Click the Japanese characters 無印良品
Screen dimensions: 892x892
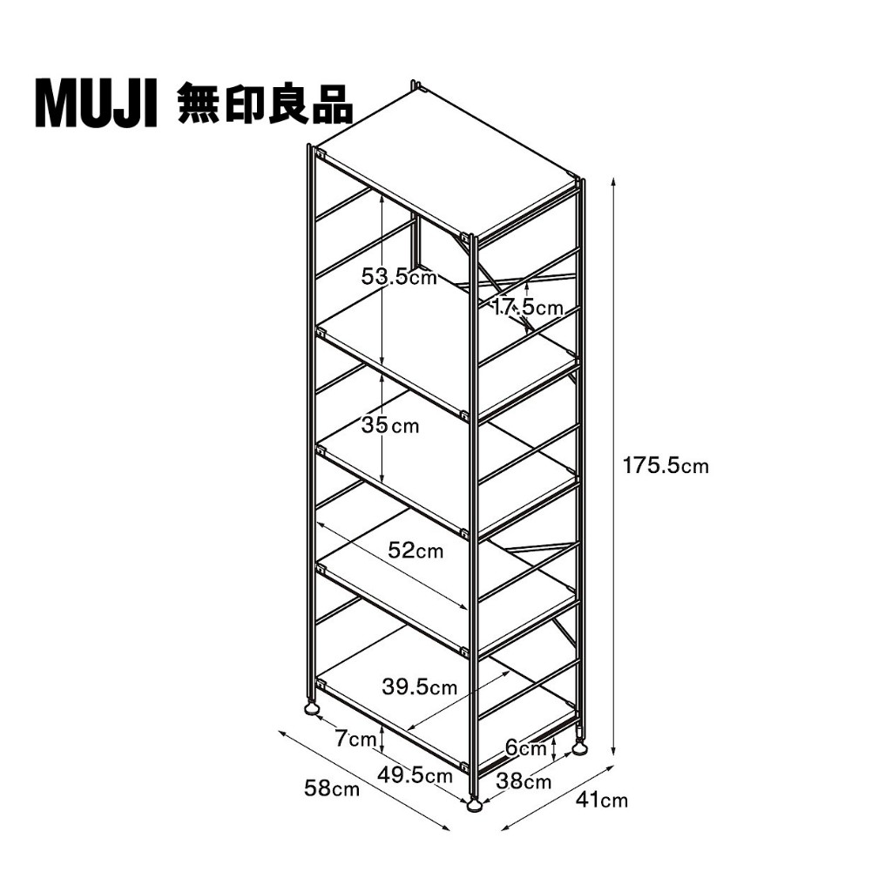click(x=265, y=104)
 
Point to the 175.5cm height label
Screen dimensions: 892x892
click(x=666, y=466)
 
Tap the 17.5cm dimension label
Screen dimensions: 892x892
click(x=527, y=307)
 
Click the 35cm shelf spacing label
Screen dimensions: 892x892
click(x=390, y=425)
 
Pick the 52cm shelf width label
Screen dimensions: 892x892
click(x=416, y=551)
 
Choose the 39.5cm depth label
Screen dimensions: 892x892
click(x=419, y=686)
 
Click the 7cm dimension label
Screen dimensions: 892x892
click(x=355, y=739)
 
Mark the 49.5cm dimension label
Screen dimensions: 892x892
click(x=415, y=774)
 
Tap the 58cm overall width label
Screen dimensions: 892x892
click(x=332, y=788)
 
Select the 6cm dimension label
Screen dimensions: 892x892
click(x=526, y=747)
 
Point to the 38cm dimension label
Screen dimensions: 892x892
click(x=524, y=781)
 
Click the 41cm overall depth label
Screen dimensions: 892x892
click(x=602, y=800)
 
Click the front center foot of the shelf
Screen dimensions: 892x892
click(x=474, y=805)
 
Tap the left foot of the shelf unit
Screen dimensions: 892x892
click(x=312, y=709)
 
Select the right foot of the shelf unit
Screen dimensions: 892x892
click(x=579, y=750)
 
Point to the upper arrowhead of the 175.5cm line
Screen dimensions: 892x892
click(x=613, y=182)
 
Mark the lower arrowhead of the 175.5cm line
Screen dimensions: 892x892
click(x=613, y=749)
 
